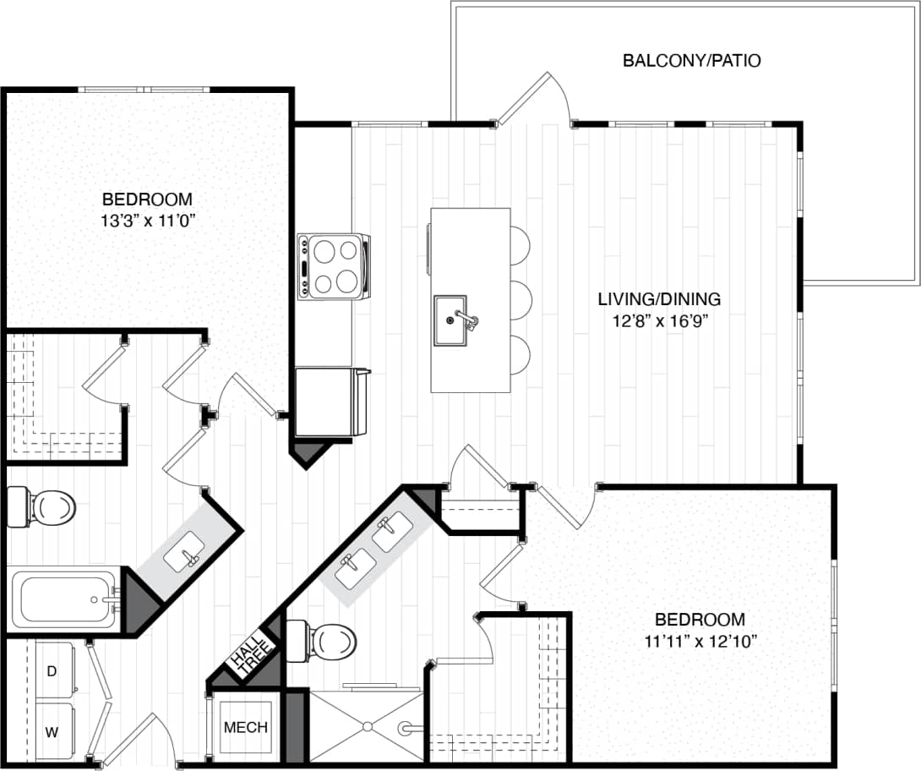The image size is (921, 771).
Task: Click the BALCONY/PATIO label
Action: [x=691, y=61]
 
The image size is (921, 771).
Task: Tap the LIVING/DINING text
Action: [x=659, y=299]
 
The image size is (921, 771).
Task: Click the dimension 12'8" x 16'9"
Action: [x=659, y=320]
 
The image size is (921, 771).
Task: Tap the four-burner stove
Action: [x=333, y=265]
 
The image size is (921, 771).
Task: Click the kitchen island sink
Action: [x=450, y=320]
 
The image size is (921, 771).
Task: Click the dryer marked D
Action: [x=52, y=671]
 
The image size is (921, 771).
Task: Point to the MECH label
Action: [x=246, y=727]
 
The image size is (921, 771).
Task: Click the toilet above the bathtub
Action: [x=42, y=506]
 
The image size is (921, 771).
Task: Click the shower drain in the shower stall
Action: [x=366, y=725]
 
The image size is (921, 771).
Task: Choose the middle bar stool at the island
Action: [x=519, y=299]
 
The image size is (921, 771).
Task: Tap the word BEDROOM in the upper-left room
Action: [x=147, y=200]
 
